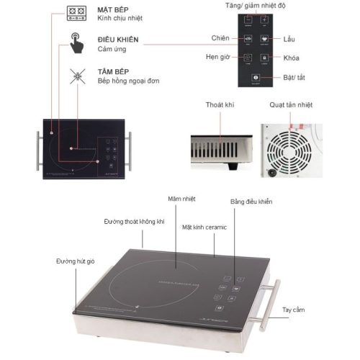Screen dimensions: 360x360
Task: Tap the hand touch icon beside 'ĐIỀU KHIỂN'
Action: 76,42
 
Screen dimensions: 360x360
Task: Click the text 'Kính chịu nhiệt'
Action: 120,21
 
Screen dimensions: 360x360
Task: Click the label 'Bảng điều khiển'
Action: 251,202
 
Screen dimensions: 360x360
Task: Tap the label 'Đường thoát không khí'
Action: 135,221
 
